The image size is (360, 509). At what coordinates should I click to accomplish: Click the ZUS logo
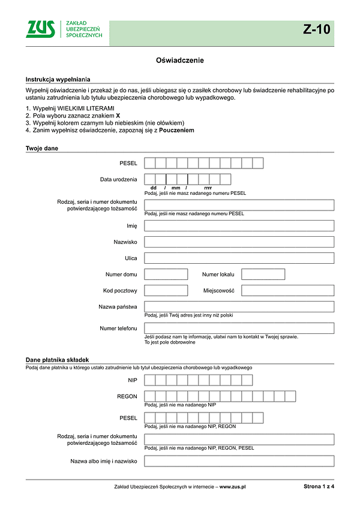click(x=41, y=29)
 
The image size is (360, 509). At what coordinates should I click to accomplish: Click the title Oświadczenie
click(x=180, y=61)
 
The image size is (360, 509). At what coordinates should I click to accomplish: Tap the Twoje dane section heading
click(x=41, y=148)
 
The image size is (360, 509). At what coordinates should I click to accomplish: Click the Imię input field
click(x=239, y=226)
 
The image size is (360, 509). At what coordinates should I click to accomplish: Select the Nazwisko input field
click(x=239, y=242)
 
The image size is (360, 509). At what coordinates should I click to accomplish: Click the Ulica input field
click(x=239, y=258)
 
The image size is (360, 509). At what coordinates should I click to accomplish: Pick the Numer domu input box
click(x=166, y=275)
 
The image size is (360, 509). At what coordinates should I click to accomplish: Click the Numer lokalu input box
click(x=263, y=275)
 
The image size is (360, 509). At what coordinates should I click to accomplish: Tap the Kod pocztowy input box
click(x=166, y=291)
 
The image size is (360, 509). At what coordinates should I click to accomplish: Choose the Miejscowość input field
click(x=287, y=291)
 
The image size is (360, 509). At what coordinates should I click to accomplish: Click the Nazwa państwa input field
click(x=239, y=307)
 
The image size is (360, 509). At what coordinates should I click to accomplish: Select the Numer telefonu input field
click(x=239, y=329)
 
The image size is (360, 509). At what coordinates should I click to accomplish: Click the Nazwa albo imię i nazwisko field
click(x=239, y=461)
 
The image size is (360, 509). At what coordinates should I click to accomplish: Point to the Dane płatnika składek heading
click(x=58, y=359)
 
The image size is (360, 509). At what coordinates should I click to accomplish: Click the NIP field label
click(x=132, y=381)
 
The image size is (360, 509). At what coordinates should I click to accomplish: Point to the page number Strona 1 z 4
click(x=319, y=487)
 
